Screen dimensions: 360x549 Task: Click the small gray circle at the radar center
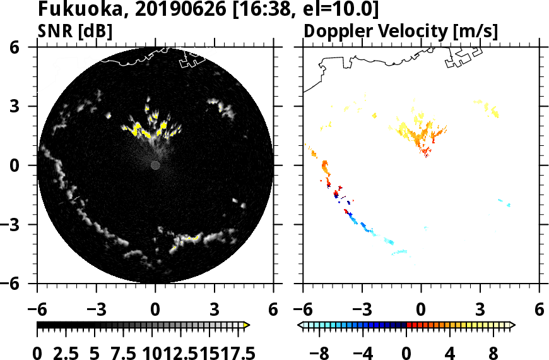coord(155,165)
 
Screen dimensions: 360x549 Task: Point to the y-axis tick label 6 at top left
coord(29,47)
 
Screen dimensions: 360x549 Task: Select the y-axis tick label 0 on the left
coord(29,165)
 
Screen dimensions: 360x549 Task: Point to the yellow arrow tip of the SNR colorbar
coord(247,325)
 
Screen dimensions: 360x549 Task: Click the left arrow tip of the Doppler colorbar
coord(300,325)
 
